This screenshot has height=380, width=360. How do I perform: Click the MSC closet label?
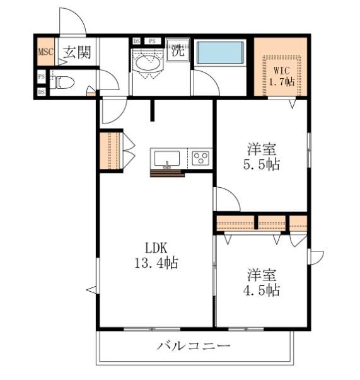[x=45, y=52]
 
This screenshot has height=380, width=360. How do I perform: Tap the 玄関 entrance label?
[x=77, y=52]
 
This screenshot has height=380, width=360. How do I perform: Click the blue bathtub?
[x=220, y=52]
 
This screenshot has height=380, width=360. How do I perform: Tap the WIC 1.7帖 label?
[x=282, y=76]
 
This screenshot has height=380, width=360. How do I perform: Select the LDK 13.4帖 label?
[x=156, y=255]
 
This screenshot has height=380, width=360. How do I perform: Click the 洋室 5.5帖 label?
[x=262, y=157]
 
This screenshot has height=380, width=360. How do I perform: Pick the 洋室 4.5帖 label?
[x=262, y=282]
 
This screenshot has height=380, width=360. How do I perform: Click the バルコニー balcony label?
[x=193, y=345]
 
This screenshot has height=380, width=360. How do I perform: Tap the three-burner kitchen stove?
[x=200, y=158]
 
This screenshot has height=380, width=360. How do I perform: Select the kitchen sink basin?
[x=167, y=159]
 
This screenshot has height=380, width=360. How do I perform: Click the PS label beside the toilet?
[x=42, y=77]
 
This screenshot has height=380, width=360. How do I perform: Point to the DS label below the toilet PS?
[x=42, y=92]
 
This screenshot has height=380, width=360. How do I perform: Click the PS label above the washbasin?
[x=152, y=41]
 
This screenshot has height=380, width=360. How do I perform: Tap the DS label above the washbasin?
[x=136, y=41]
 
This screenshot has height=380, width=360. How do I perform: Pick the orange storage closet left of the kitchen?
[x=110, y=151]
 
